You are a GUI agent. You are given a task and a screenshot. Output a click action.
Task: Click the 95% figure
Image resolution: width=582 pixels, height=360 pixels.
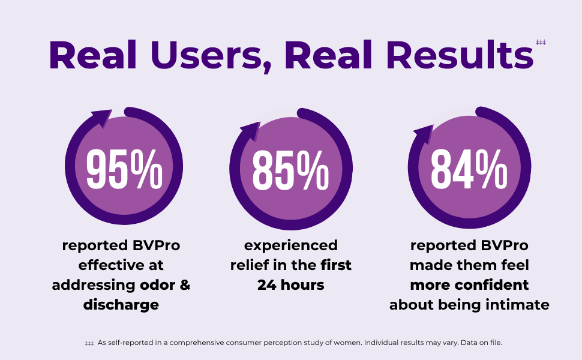[124, 169]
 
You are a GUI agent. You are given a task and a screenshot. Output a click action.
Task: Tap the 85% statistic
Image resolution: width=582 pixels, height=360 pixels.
[290, 170]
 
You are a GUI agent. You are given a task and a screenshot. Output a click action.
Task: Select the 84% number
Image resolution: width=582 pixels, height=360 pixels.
[469, 169]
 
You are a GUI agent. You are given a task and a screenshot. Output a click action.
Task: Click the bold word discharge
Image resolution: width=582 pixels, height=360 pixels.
[121, 305]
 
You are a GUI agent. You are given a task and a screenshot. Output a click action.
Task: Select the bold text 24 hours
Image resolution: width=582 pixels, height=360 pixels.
[291, 285]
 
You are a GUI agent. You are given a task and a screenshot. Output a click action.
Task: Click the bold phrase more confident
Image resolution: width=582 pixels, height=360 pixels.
[469, 284]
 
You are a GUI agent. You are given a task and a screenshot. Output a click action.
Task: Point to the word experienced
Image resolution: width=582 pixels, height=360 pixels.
[291, 245]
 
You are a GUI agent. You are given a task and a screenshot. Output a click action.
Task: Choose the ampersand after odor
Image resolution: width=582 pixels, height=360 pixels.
[185, 285]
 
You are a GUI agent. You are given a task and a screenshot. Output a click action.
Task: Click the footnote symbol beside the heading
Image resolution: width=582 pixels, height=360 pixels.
[541, 42]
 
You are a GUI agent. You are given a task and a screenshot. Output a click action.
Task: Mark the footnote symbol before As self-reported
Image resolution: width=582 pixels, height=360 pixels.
[89, 343]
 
